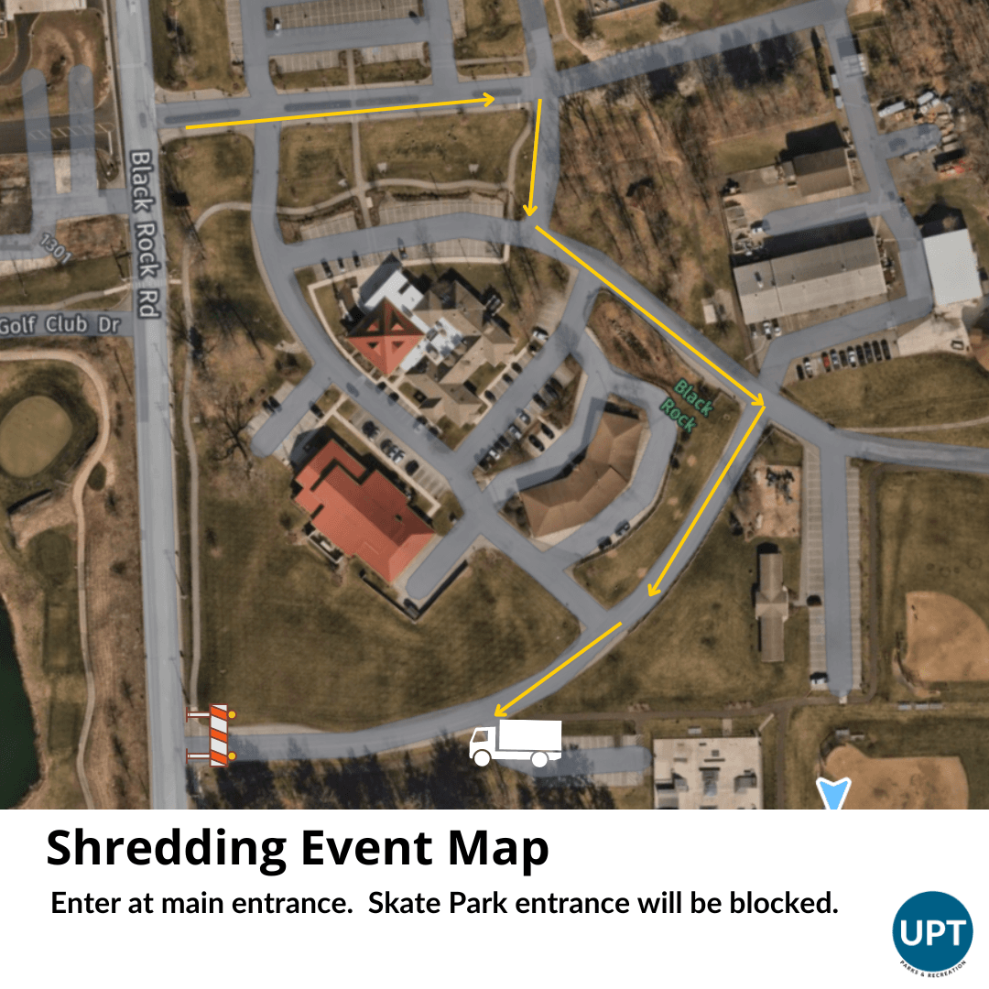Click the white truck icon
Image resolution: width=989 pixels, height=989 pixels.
pos(515,743)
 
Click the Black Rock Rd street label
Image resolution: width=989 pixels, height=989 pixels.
pos(145,234)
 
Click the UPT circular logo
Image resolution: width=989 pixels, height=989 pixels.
pos(931,932)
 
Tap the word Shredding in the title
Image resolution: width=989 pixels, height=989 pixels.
pos(165,850)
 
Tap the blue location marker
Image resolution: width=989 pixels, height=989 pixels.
pos(834,793)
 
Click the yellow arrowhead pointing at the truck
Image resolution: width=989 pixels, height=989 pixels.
pos(500,711)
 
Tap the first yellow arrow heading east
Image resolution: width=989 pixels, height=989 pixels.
pos(339,112)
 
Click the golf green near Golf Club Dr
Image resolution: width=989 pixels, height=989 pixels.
pos(35,436)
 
